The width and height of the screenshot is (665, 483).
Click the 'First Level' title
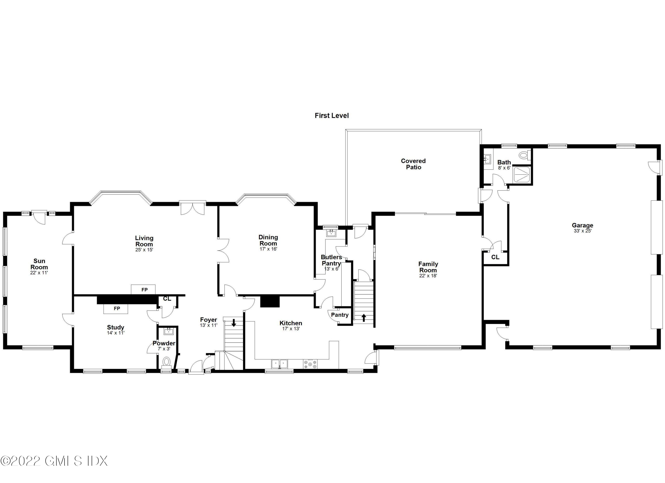pos(332,116)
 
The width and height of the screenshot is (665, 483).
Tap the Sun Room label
pos(39,264)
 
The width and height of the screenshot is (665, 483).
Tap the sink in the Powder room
pos(169,332)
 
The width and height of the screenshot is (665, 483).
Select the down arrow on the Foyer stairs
pos(234,323)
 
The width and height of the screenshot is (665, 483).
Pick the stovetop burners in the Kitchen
pos(310,364)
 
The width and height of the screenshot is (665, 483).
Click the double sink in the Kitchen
pos(280,364)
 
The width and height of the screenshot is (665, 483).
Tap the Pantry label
pos(340,315)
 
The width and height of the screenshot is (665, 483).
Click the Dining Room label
pos(268,240)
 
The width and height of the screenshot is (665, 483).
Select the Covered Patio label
pos(413,164)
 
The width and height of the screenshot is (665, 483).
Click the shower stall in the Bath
pos(522,175)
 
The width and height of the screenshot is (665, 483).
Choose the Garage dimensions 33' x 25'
pos(582,231)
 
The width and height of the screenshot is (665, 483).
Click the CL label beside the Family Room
pos(495,257)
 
